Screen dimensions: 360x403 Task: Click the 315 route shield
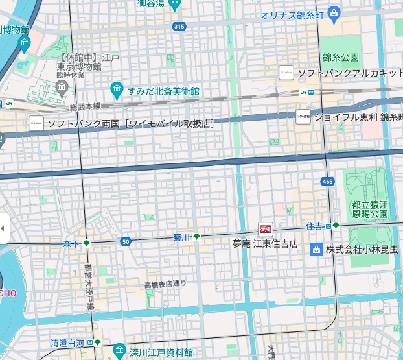coord(179,26)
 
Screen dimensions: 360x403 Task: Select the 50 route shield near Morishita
coord(126,242)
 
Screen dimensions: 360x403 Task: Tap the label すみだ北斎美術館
coord(163,91)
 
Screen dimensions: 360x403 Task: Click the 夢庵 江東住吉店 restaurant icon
coord(266,228)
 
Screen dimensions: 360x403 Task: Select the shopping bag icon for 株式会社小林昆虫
coord(316,249)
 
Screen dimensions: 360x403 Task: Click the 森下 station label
coord(71,244)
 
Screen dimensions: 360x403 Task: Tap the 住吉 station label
coord(314,226)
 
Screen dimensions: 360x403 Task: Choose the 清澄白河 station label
coord(67,342)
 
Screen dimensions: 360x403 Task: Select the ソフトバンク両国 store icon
coord(36,123)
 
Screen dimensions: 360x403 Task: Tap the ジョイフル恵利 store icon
coord(303,117)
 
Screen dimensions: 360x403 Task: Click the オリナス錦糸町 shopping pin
coord(334,12)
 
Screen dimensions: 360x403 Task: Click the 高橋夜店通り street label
coord(165,284)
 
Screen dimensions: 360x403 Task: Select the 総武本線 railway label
coord(85,106)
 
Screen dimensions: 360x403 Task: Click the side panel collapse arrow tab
coord(4,228)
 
